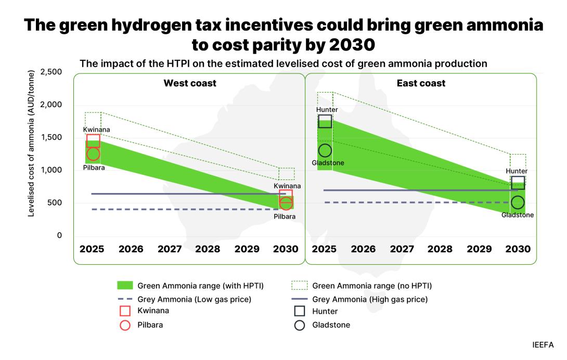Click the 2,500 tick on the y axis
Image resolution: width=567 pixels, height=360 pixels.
tap(51, 72)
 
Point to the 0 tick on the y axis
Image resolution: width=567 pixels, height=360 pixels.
tap(59, 236)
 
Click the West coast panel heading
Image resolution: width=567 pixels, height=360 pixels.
tap(190, 83)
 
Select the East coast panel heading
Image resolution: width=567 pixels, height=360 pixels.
tap(421, 83)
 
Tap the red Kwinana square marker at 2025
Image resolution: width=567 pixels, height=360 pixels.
tap(93, 140)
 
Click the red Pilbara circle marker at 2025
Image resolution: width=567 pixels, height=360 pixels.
tap(93, 154)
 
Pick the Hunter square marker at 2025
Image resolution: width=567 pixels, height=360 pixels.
tap(325, 121)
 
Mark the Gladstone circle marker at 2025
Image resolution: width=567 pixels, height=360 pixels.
tap(325, 151)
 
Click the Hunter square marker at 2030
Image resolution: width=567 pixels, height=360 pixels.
tap(518, 183)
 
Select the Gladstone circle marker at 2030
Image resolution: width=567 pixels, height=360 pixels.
tap(518, 203)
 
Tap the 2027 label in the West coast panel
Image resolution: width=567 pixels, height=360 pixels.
tap(170, 249)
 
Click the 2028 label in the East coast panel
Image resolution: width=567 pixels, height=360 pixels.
tap(440, 249)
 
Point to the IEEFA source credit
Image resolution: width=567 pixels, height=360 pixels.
tap(543, 345)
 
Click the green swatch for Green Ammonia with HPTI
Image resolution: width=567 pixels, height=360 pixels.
tap(125, 286)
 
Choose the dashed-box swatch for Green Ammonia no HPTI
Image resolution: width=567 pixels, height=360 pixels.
tap(300, 286)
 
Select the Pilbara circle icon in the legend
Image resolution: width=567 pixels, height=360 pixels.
tap(125, 325)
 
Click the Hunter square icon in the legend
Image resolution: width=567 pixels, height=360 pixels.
tap(300, 312)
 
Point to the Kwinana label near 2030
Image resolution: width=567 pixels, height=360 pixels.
tap(287, 186)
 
